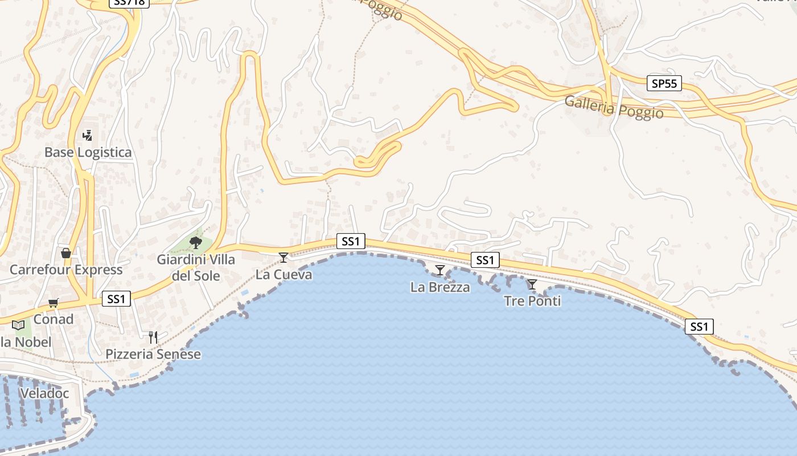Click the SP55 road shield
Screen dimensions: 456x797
pyautogui.click(x=664, y=83)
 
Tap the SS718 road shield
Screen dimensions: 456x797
pyautogui.click(x=128, y=3)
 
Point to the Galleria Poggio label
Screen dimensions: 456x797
pyautogui.click(x=614, y=107)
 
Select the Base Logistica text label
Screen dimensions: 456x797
pyautogui.click(x=88, y=152)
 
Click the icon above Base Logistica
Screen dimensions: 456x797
pyautogui.click(x=87, y=136)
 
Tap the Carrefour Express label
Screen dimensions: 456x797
pyautogui.click(x=66, y=270)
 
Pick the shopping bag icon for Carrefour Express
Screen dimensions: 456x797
pyautogui.click(x=66, y=253)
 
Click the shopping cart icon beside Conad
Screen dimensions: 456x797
pyautogui.click(x=53, y=303)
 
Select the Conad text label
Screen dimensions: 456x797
pyautogui.click(x=54, y=319)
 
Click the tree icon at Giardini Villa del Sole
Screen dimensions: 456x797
pyautogui.click(x=196, y=243)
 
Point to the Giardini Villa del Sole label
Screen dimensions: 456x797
pyautogui.click(x=196, y=268)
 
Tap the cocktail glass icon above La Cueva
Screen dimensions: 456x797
pyautogui.click(x=283, y=258)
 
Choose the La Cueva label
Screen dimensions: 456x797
pyautogui.click(x=284, y=275)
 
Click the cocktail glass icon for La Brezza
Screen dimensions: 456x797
pyautogui.click(x=439, y=270)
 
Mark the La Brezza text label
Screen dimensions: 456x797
pyautogui.click(x=440, y=287)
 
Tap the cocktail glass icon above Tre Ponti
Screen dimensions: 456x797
pyautogui.click(x=532, y=284)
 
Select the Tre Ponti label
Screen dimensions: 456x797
pyautogui.click(x=532, y=301)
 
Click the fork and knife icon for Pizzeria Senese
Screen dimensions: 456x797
pyautogui.click(x=153, y=337)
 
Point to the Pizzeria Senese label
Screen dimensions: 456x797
pyautogui.click(x=153, y=354)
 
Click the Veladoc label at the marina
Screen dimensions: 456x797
pyautogui.click(x=44, y=393)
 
